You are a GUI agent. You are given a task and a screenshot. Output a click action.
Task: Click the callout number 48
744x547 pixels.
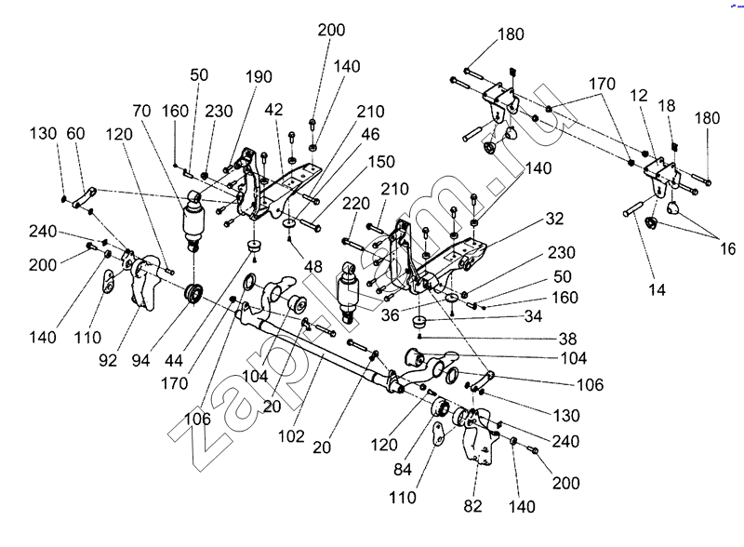click(315, 266)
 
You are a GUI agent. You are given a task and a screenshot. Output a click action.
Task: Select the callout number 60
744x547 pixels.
click(75, 135)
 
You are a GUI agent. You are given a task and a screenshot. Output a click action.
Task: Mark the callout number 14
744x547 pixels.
click(658, 290)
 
